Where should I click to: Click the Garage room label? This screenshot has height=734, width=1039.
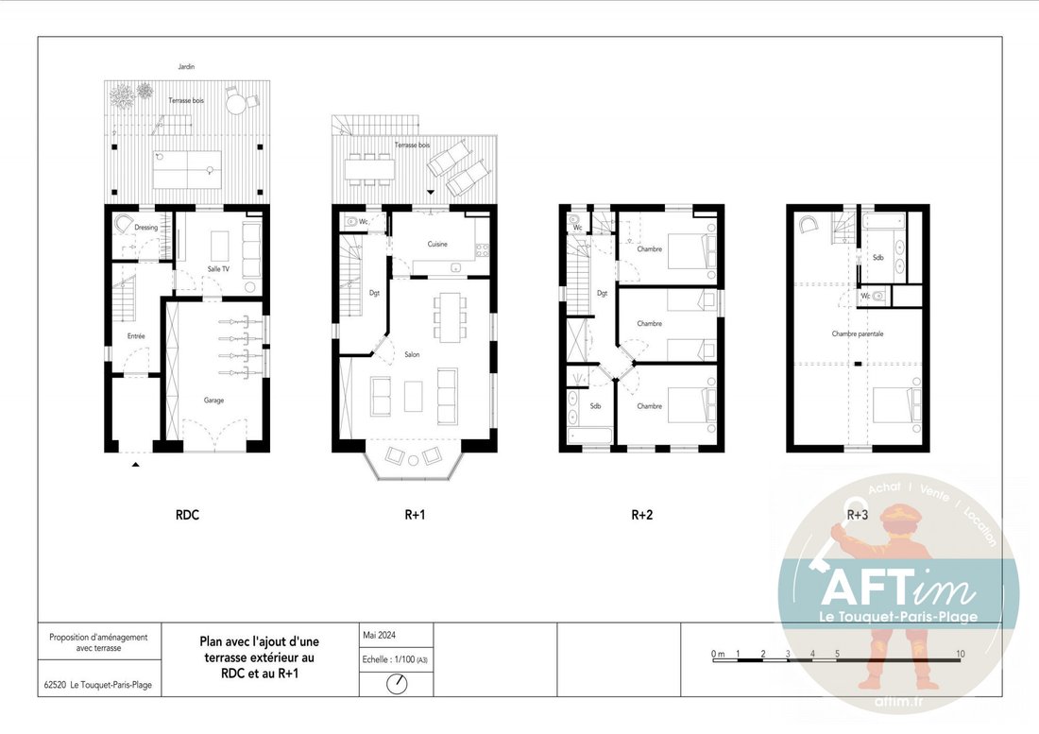coord(213,401)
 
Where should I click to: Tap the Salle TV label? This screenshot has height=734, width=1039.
coord(218,269)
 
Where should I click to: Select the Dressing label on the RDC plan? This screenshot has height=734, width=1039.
coord(145,228)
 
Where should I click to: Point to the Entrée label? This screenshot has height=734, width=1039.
coord(136,336)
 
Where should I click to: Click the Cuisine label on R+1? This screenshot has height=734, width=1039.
coord(436,244)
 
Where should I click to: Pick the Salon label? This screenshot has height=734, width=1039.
coord(412,354)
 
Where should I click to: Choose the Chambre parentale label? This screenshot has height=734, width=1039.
coord(858,333)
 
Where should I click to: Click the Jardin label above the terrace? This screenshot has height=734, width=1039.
coord(186,67)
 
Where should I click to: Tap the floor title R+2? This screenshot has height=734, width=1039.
coord(641,515)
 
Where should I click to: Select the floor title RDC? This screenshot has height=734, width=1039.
coord(187,515)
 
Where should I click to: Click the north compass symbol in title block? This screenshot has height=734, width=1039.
coord(397,683)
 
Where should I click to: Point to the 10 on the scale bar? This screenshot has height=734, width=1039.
coord(961,654)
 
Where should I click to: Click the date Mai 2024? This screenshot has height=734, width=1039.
coord(379,635)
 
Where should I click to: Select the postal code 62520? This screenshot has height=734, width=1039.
coord(55,685)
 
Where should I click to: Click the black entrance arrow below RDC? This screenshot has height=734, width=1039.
coord(135,465)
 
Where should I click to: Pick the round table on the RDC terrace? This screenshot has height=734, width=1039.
coord(235,103)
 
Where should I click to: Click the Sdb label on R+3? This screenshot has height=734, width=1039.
coord(878,258)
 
